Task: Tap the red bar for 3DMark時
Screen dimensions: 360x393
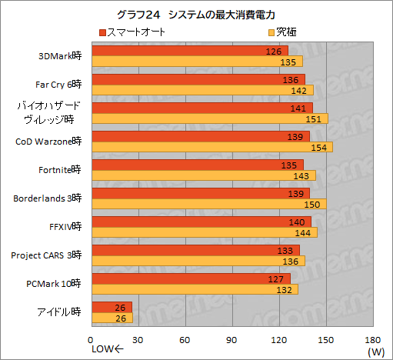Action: pyautogui.click(x=189, y=51)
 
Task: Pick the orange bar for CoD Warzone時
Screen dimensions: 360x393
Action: pyautogui.click(x=211, y=147)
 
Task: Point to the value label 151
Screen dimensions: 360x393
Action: pyautogui.click(x=313, y=118)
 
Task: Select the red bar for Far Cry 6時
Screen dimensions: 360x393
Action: pyautogui.click(x=198, y=79)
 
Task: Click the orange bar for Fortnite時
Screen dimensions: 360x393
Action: pyautogui.click(x=203, y=175)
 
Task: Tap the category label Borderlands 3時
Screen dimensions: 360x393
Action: pyautogui.click(x=47, y=198)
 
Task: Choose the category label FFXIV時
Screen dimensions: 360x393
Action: pyautogui.click(x=63, y=227)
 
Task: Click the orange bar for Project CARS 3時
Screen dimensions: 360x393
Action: pyautogui.click(x=198, y=261)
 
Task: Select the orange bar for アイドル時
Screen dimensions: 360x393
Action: pyautogui.click(x=112, y=318)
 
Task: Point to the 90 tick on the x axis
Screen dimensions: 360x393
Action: pyautogui.click(x=233, y=340)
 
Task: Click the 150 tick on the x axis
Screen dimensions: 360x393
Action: pyautogui.click(x=327, y=340)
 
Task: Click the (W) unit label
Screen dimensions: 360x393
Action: pyautogui.click(x=375, y=352)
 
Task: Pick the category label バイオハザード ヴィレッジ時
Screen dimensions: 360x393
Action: pyautogui.click(x=50, y=113)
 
